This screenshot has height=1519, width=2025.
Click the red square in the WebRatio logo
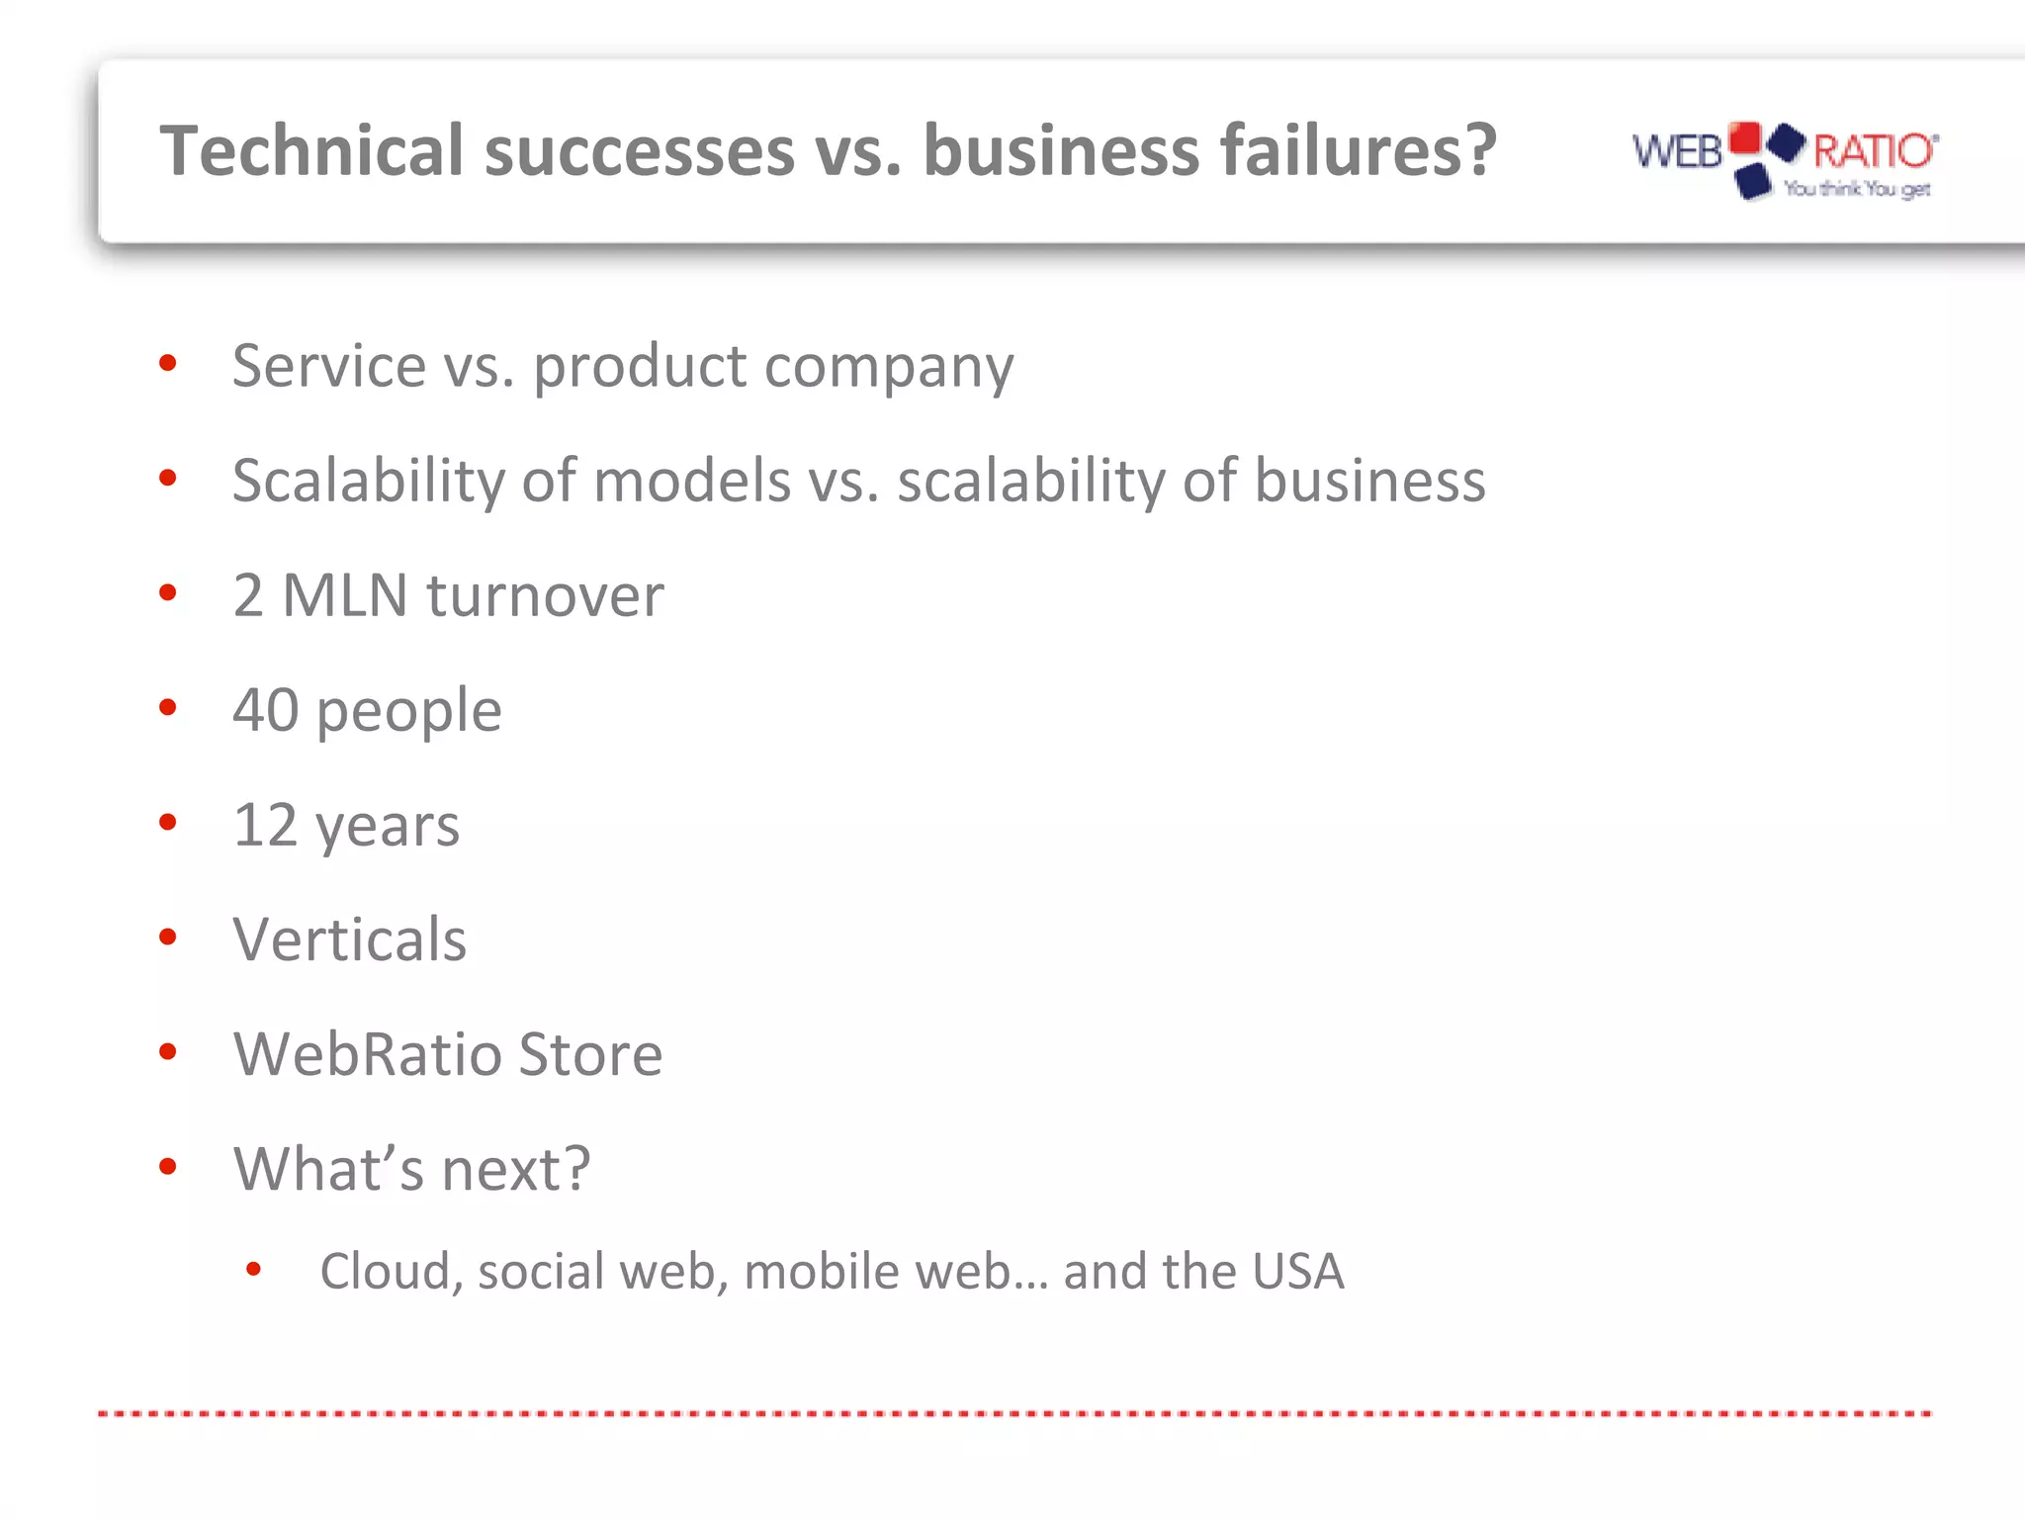[1744, 137]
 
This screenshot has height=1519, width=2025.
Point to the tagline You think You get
[1857, 189]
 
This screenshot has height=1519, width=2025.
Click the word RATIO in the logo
[1873, 151]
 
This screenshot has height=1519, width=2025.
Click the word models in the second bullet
[692, 481]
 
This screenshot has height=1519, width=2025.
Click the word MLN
[344, 595]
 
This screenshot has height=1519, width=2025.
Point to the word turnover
[545, 596]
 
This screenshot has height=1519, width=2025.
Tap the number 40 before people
[265, 710]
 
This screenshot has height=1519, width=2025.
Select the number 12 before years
[264, 825]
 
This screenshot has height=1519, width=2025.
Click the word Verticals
[349, 939]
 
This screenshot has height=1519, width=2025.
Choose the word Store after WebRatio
[590, 1054]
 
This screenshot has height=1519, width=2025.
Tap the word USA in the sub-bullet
[1297, 1272]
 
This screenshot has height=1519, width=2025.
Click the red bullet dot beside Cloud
[253, 1269]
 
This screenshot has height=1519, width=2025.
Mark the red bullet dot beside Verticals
[168, 937]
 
